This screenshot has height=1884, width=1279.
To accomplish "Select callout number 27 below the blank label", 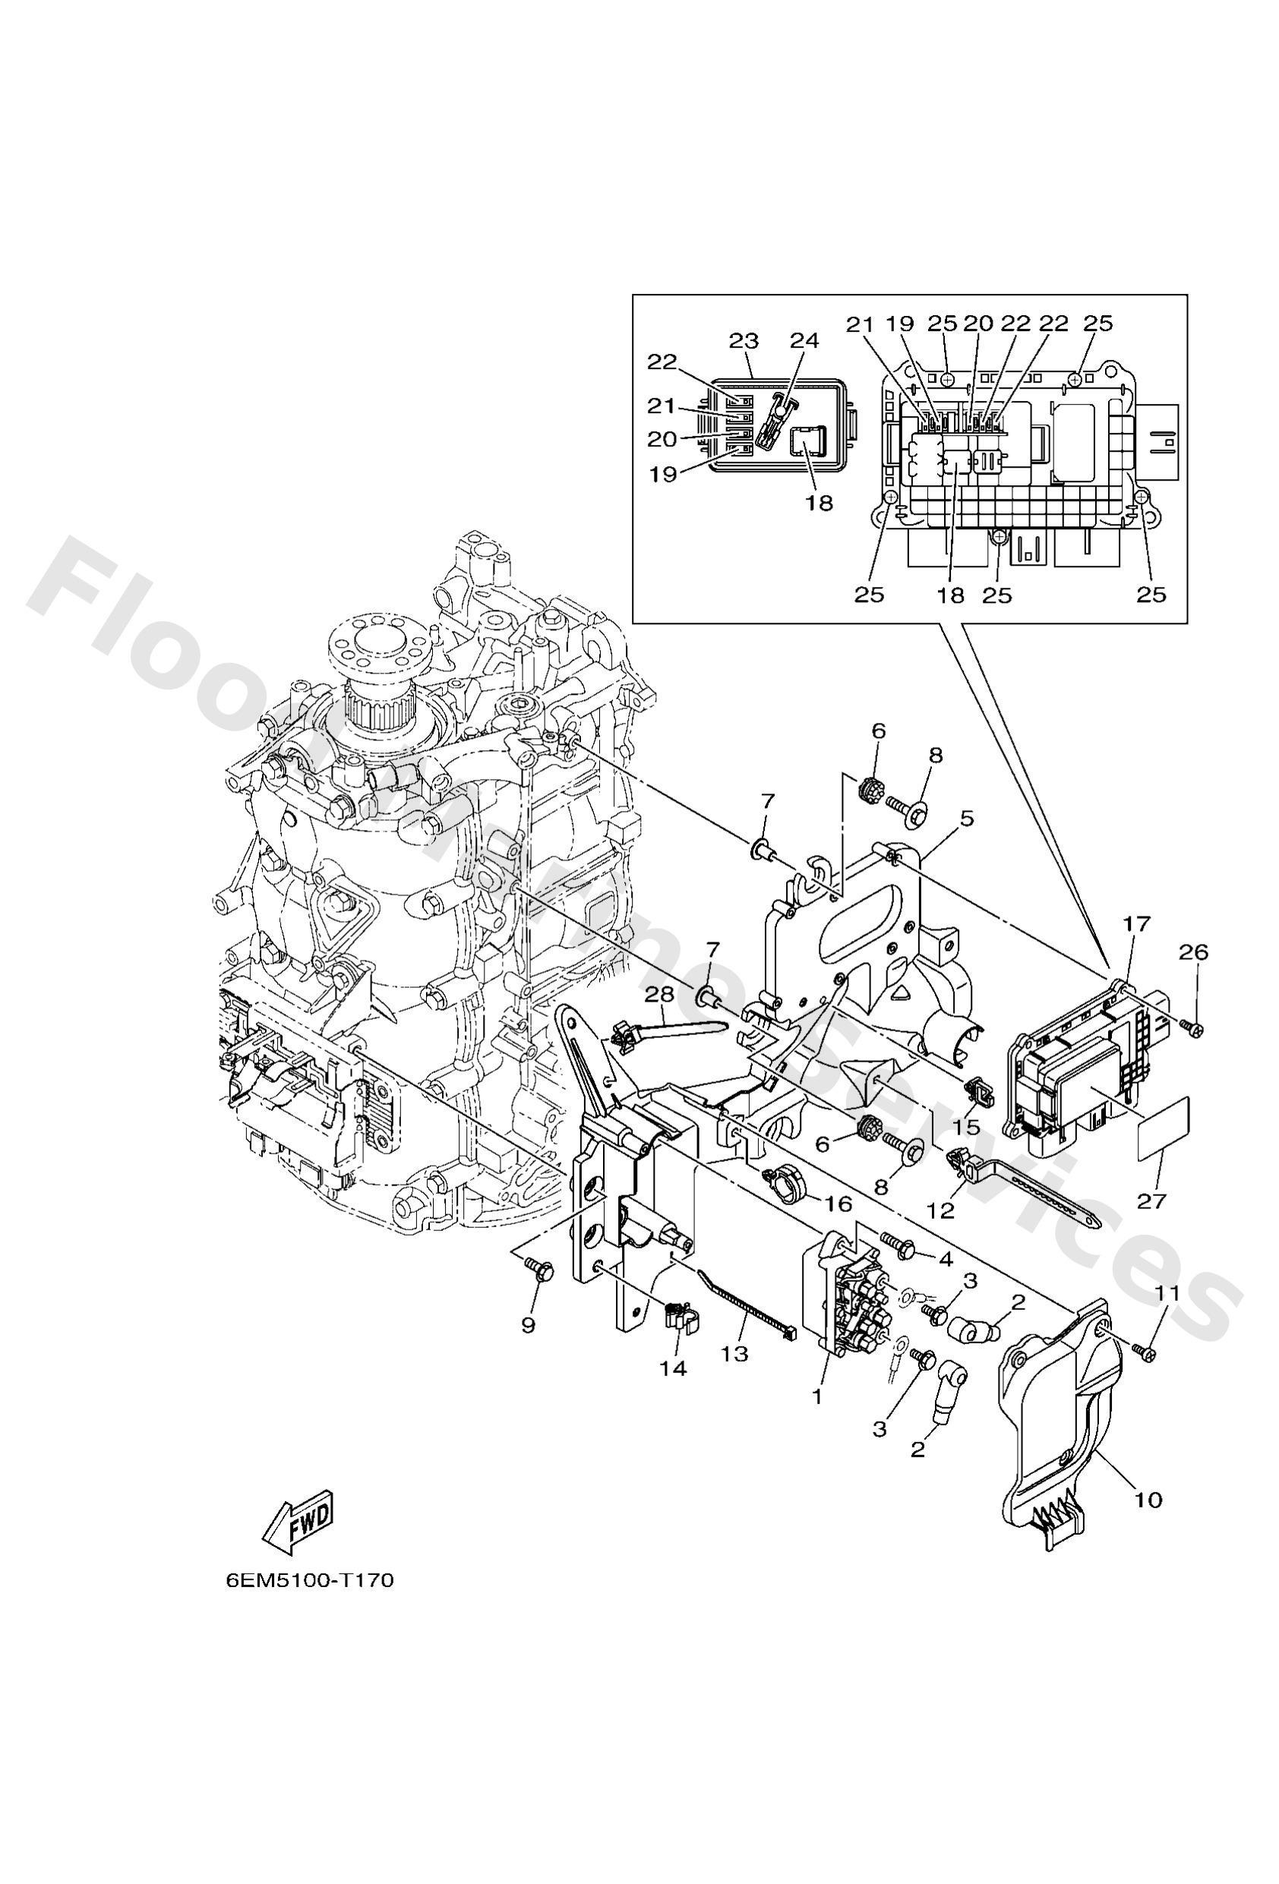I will pos(1151,1201).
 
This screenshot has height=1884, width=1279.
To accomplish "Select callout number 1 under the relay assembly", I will pos(816,1396).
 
